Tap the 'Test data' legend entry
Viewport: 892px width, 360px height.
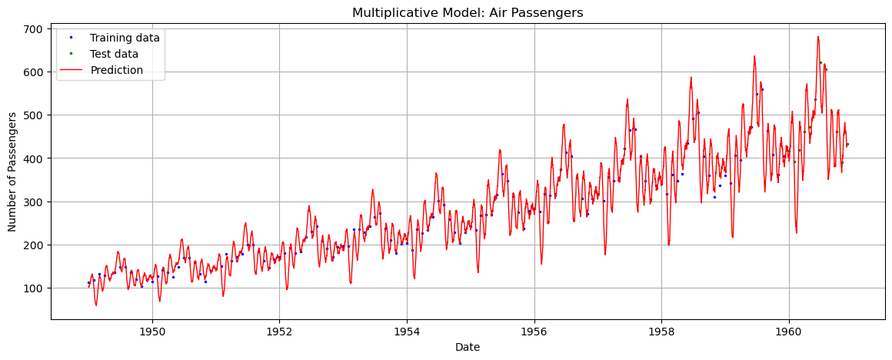coord(114,54)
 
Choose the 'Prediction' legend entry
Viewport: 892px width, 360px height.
coord(116,70)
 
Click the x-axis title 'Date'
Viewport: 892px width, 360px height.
coord(468,347)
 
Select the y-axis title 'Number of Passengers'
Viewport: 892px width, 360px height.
coord(12,172)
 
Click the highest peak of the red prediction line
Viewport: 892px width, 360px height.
coord(817,36)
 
